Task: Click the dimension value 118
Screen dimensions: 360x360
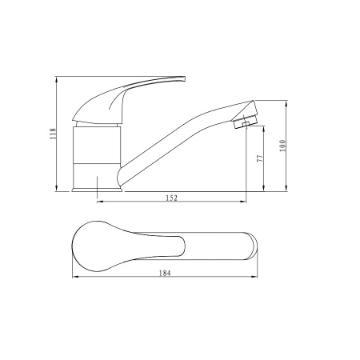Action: pyautogui.click(x=54, y=134)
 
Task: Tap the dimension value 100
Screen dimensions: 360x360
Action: pyautogui.click(x=282, y=146)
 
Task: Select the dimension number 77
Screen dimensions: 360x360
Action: pyautogui.click(x=260, y=158)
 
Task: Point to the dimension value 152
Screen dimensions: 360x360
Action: pyautogui.click(x=172, y=198)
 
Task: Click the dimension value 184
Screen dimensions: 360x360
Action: pyautogui.click(x=165, y=274)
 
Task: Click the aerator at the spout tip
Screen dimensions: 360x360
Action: pyautogui.click(x=246, y=122)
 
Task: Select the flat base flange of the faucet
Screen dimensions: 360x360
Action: pyautogui.click(x=97, y=190)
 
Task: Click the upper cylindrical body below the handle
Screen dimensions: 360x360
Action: pyautogui.click(x=97, y=145)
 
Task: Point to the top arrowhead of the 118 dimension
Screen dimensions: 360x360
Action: pyautogui.click(x=56, y=79)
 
